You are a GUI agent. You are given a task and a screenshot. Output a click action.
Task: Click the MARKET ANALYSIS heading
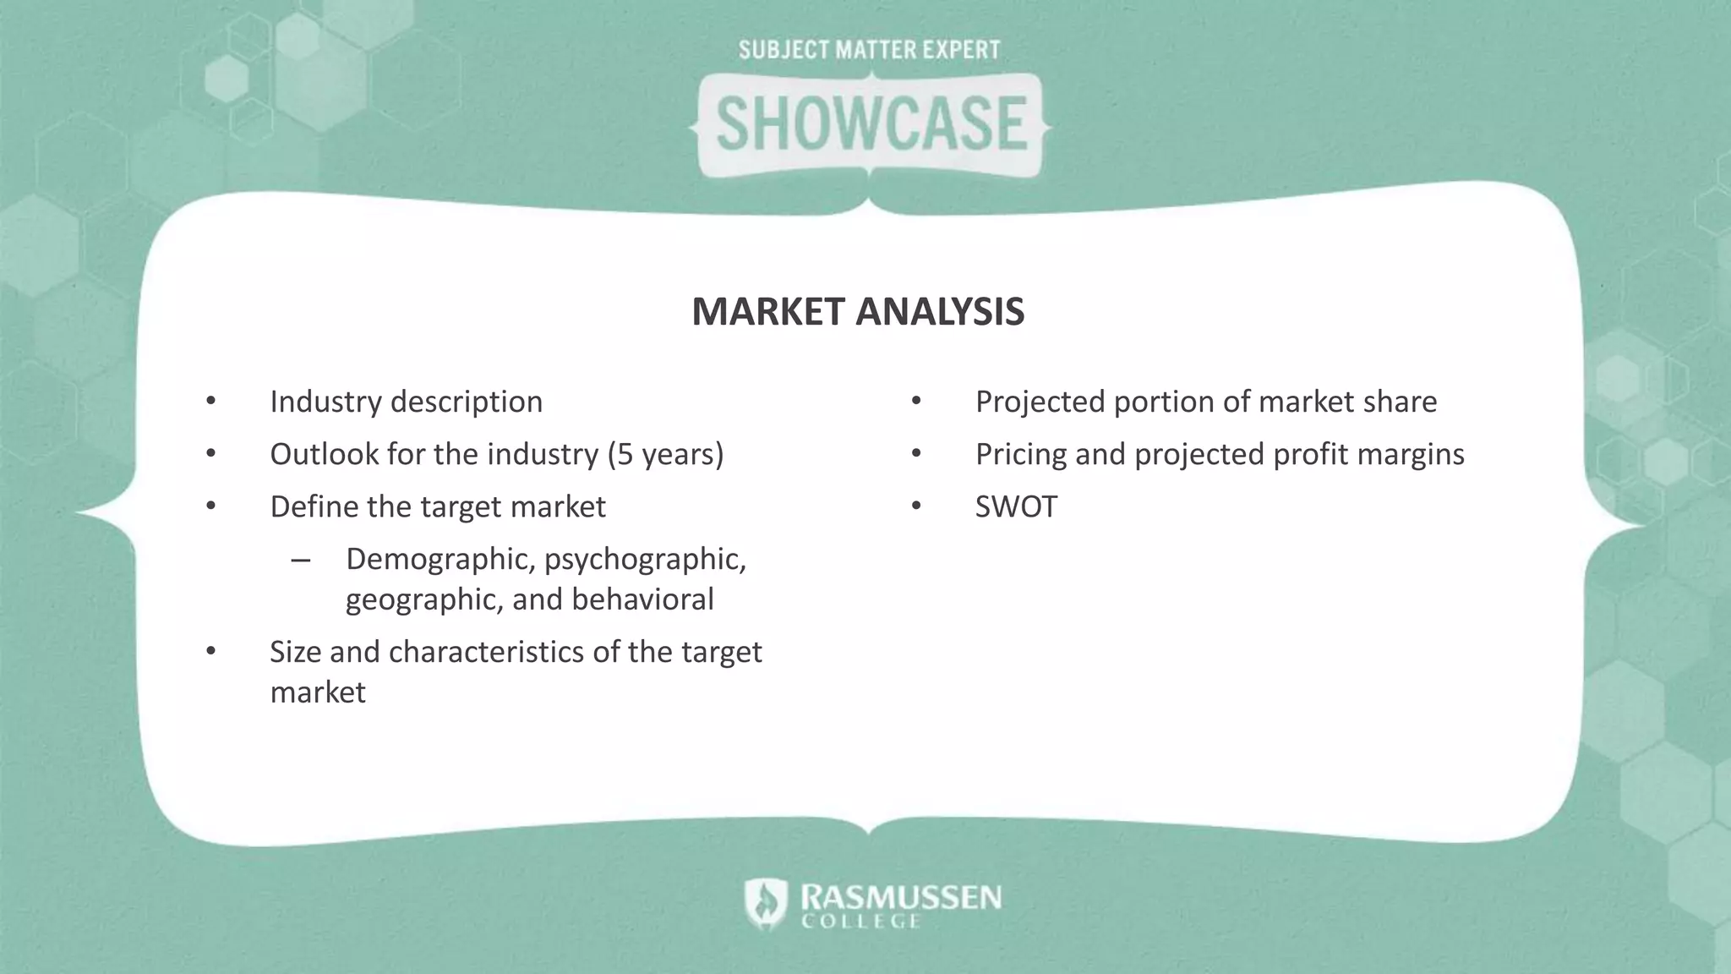(858, 312)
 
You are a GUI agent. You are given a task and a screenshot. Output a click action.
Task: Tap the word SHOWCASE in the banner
(871, 124)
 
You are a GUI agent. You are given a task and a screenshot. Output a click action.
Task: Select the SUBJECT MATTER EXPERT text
(870, 51)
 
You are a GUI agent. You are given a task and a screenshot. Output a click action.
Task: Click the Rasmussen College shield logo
(766, 903)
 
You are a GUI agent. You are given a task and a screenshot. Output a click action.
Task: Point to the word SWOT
(1016, 507)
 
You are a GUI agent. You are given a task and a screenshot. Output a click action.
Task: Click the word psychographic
(645, 560)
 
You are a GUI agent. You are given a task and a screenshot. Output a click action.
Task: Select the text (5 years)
(666, 455)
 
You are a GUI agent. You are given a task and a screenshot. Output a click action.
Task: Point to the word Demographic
(440, 560)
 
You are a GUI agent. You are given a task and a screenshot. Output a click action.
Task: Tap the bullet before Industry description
(210, 402)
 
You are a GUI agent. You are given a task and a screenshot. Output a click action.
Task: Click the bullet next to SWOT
(916, 507)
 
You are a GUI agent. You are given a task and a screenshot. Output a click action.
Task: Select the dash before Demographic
(300, 561)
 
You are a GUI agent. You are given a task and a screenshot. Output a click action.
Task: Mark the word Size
(295, 652)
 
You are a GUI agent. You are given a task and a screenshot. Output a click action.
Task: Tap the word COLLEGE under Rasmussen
(860, 922)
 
